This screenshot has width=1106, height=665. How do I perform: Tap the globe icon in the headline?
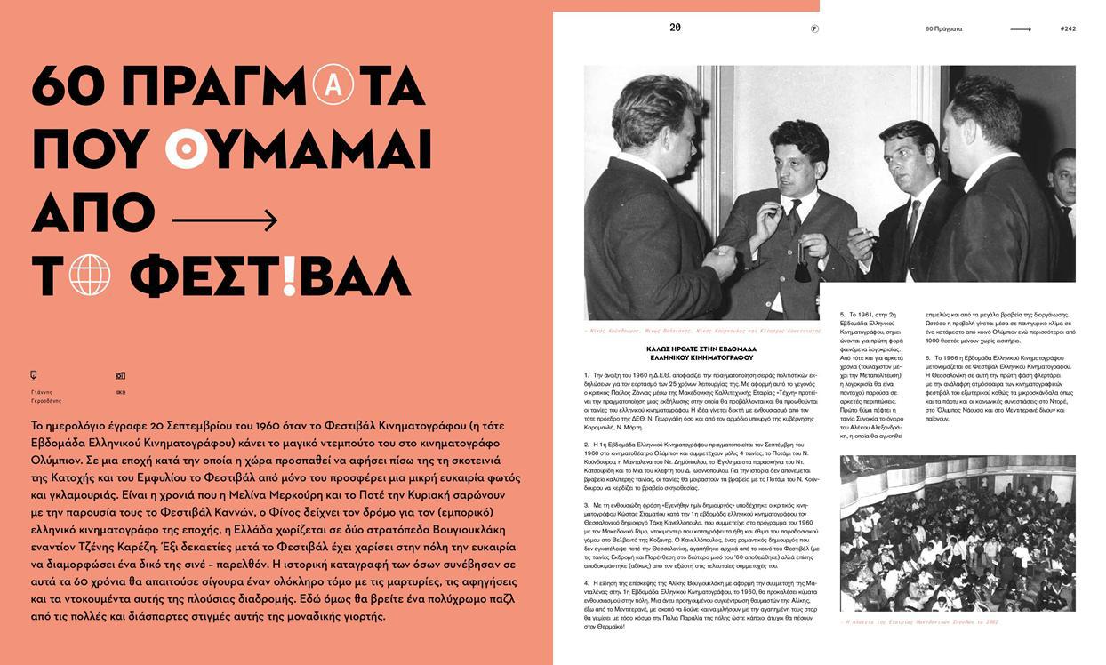[90, 276]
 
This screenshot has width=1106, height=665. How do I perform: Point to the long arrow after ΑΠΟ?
[225, 218]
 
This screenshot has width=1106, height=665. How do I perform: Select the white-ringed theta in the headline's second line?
[187, 148]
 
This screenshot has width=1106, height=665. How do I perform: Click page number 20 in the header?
[676, 28]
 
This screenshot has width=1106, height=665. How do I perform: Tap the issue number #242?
[1068, 28]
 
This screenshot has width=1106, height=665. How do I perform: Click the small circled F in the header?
[814, 28]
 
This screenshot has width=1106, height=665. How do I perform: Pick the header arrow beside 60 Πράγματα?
[1021, 28]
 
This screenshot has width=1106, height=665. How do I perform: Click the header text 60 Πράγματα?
[943, 28]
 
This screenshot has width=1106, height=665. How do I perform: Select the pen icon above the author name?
[35, 375]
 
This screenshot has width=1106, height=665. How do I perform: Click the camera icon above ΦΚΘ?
[121, 376]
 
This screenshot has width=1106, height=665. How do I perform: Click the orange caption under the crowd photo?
[918, 622]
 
